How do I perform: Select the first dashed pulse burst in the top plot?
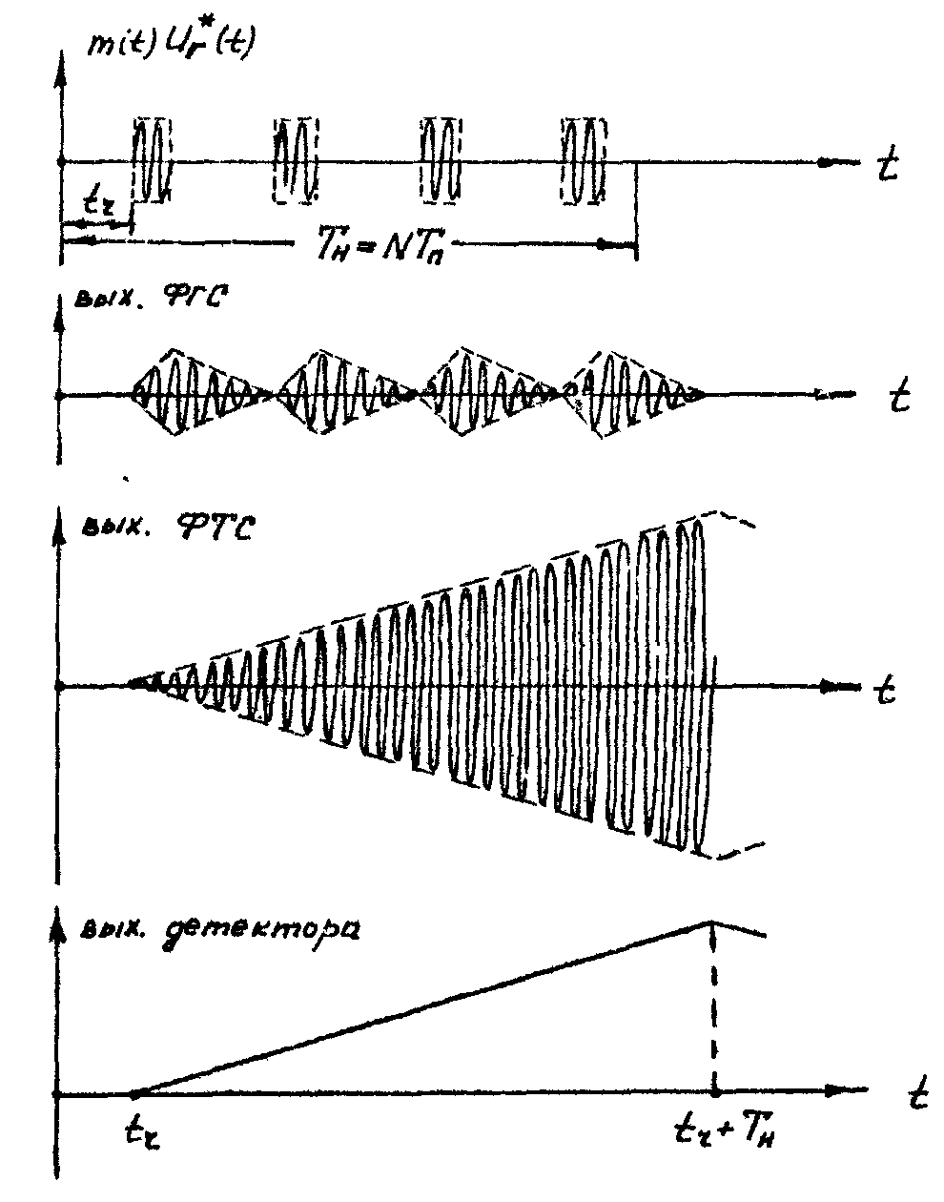click(153, 160)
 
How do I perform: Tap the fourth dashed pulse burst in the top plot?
click(583, 160)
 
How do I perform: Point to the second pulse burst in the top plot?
click(294, 160)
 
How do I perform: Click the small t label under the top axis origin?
click(96, 203)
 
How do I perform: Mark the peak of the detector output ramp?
click(711, 922)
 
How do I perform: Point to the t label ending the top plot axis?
click(886, 166)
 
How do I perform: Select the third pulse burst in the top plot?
click(441, 160)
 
